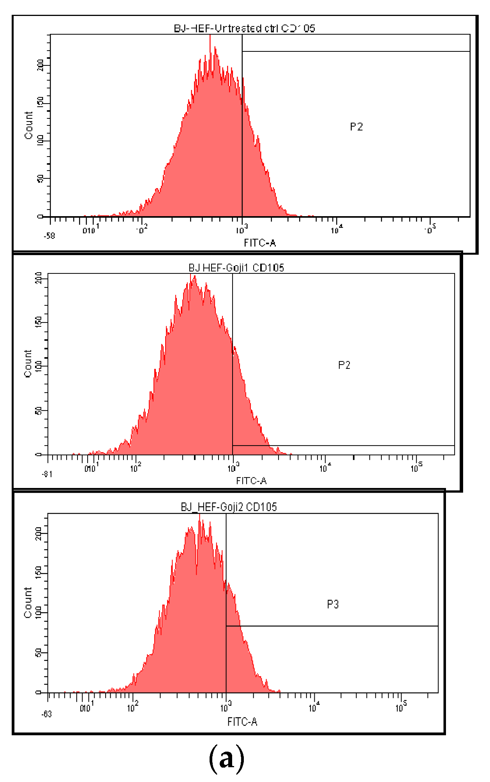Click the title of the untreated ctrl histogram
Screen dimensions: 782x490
click(244, 28)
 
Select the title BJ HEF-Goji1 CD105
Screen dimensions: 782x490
click(236, 268)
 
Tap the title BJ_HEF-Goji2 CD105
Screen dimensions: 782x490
click(229, 507)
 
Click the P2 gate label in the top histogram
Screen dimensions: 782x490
click(356, 127)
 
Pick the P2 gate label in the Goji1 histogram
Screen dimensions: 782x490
click(344, 365)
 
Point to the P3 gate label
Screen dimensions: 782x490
click(333, 604)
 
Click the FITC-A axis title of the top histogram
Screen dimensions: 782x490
click(260, 243)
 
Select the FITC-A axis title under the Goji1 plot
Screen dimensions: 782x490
click(251, 481)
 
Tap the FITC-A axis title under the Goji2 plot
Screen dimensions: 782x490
click(242, 722)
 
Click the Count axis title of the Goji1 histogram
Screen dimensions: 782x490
click(28, 363)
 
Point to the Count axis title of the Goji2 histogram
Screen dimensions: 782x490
click(28, 602)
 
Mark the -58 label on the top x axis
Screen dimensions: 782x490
click(49, 236)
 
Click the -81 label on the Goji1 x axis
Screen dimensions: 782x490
click(47, 474)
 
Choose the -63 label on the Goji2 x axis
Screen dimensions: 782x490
click(46, 714)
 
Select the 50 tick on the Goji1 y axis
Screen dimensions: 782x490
click(39, 410)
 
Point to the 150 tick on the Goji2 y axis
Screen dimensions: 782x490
click(39, 572)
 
